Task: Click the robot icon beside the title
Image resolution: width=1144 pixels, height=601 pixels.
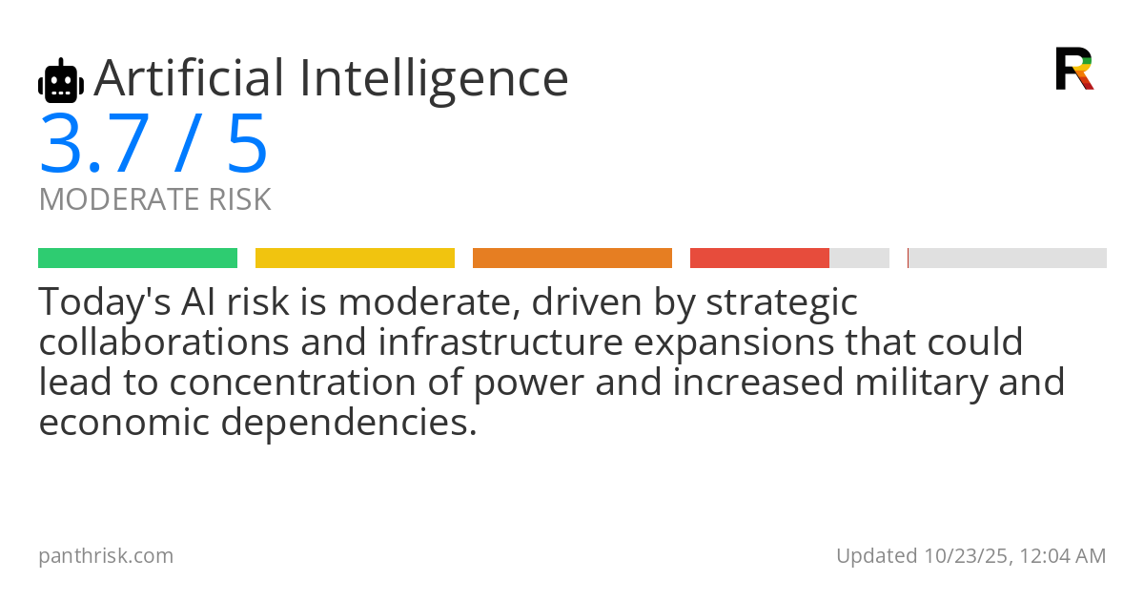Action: click(61, 80)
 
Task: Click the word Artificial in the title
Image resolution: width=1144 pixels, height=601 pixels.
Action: click(189, 77)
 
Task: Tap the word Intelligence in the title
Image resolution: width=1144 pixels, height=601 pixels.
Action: click(434, 82)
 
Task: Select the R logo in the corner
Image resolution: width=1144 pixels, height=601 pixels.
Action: click(1074, 69)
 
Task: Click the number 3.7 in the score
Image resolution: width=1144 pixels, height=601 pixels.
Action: click(94, 143)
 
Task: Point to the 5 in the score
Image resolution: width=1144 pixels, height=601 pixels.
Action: click(247, 143)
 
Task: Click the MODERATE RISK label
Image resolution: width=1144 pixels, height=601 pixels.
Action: click(154, 198)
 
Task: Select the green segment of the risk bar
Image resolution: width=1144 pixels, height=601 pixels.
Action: click(138, 259)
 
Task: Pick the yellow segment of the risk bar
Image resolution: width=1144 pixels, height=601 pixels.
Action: click(355, 259)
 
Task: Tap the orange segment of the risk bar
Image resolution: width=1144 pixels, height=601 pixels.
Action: click(573, 259)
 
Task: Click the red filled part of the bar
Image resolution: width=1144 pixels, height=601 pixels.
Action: click(760, 259)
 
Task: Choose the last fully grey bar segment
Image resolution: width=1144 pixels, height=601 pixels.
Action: click(1007, 259)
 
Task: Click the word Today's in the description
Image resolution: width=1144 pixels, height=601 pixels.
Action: click(105, 302)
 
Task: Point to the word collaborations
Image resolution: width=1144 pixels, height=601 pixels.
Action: click(164, 342)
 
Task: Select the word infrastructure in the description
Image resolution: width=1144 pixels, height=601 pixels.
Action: click(500, 342)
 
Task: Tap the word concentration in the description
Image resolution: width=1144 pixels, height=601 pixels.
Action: click(293, 382)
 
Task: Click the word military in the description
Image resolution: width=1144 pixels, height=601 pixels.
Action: click(921, 383)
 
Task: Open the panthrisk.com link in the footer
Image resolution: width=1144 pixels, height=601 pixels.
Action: click(106, 556)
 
